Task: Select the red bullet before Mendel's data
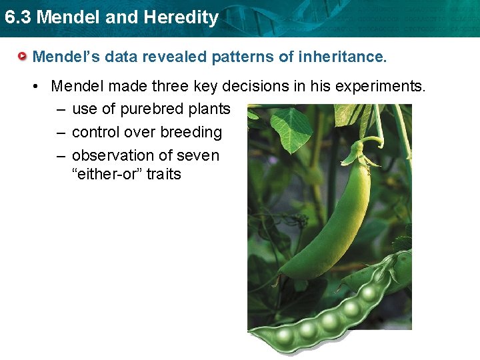24,57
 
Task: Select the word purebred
151,109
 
